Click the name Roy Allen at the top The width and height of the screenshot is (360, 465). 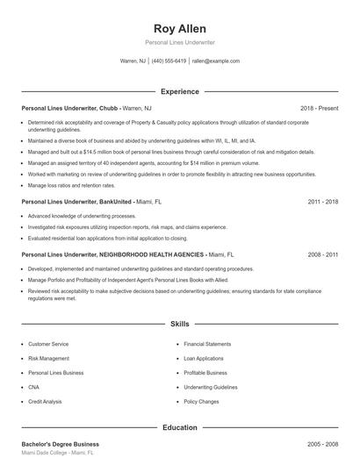(x=179, y=27)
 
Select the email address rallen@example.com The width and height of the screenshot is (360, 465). (x=215, y=61)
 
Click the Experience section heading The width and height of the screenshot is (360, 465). (x=179, y=91)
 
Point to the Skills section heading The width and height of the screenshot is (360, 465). (x=179, y=324)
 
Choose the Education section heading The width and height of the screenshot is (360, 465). (x=179, y=427)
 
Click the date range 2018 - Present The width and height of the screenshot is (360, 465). (x=319, y=109)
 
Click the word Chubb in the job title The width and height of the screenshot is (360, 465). (x=109, y=109)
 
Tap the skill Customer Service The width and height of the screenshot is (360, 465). (x=47, y=344)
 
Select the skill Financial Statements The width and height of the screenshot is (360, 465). (x=206, y=344)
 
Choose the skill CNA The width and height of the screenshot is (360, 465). (x=33, y=386)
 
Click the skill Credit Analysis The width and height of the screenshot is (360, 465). (x=45, y=400)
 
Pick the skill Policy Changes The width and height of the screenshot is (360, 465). (x=201, y=400)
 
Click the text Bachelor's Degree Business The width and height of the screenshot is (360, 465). (x=60, y=444)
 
